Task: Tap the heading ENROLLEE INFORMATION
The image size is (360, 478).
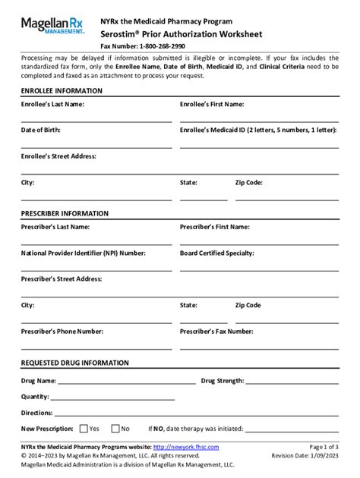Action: coord(62,91)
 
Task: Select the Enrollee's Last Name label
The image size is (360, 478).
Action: coord(52,104)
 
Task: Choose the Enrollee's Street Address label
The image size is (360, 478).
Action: coord(58,156)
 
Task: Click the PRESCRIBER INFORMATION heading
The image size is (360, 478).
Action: coord(65,213)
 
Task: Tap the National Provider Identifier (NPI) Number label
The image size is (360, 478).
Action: coord(84,253)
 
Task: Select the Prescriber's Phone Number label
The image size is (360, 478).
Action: coord(62,331)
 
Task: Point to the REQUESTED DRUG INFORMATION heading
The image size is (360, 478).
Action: coord(74,363)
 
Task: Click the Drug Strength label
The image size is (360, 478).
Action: coord(221,380)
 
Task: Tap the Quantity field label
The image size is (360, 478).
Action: coord(36,396)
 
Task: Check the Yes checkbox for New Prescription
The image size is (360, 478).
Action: coord(84,428)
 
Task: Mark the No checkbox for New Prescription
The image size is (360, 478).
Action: coord(115,428)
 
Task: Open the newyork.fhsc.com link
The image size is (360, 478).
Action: coord(185,448)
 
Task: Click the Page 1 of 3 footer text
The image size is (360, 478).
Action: coord(320,448)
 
